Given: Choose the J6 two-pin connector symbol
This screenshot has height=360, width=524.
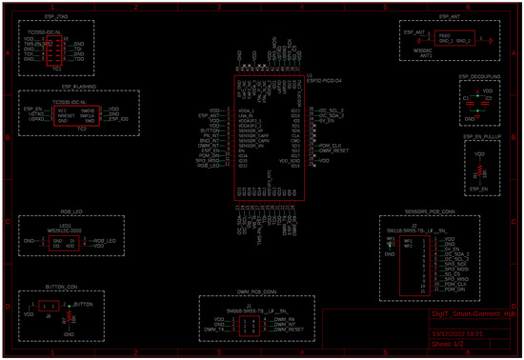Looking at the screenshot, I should point(48,308).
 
